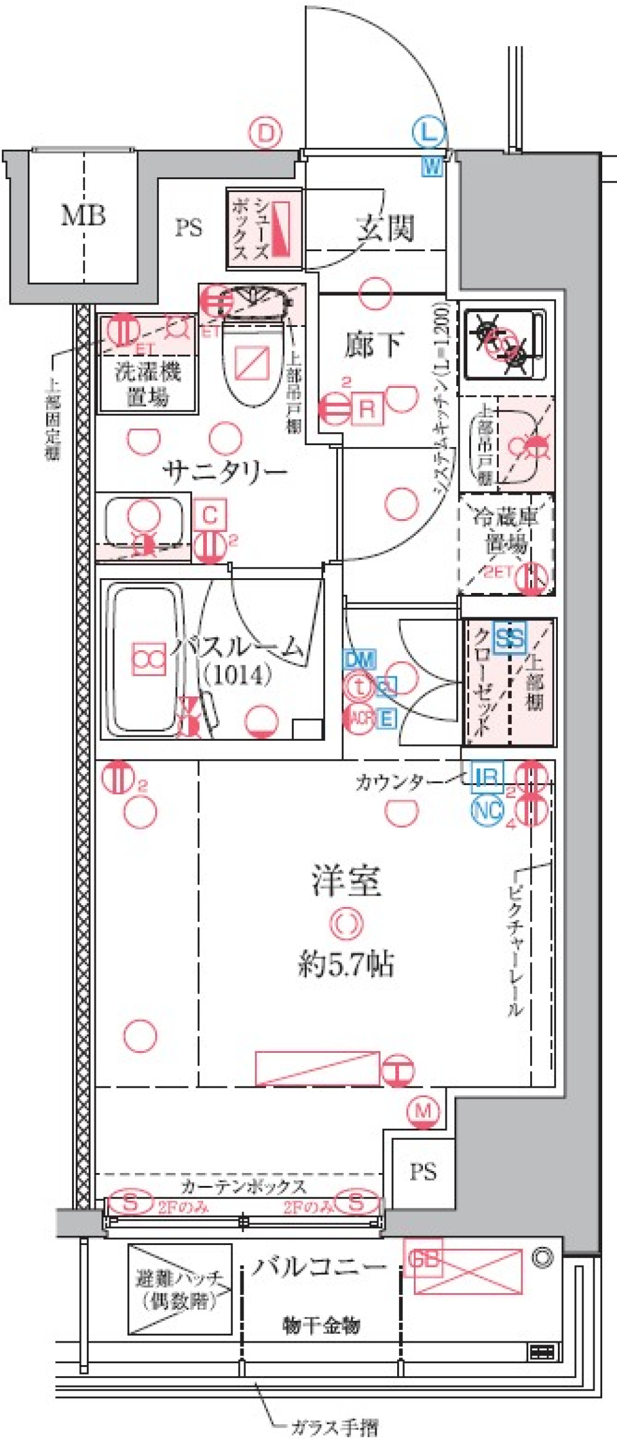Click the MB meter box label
[83, 215]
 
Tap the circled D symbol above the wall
[265, 133]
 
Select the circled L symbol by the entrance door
[429, 133]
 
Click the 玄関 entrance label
[385, 227]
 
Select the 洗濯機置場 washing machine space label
[147, 384]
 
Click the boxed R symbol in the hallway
[366, 409]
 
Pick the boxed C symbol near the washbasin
[210, 515]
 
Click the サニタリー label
[225, 472]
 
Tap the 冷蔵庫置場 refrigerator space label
[506, 530]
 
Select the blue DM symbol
[359, 659]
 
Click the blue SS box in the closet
[509, 639]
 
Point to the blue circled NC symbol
[487, 810]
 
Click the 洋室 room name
[346, 881]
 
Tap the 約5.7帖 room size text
[346, 964]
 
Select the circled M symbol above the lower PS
[424, 1110]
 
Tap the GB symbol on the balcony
[423, 1259]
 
